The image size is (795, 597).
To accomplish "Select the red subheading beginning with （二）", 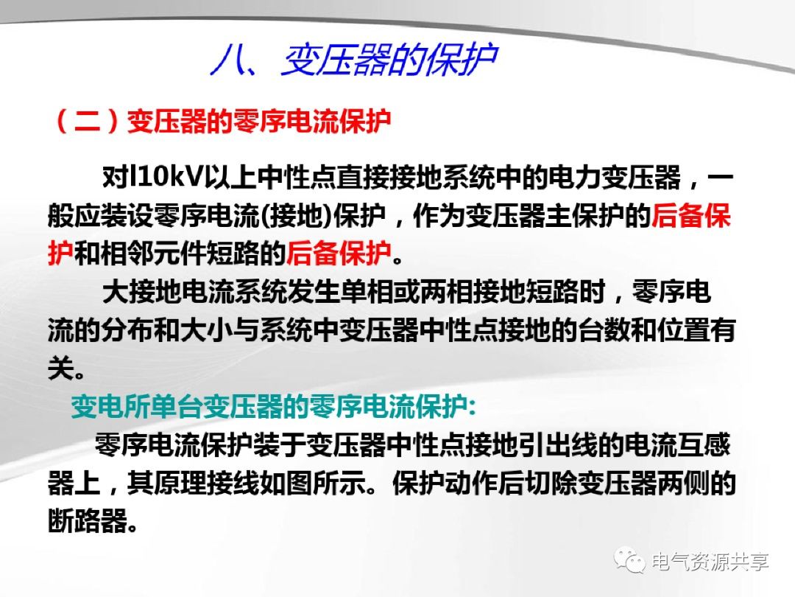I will (222, 122).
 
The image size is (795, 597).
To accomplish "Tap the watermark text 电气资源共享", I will (710, 562).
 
